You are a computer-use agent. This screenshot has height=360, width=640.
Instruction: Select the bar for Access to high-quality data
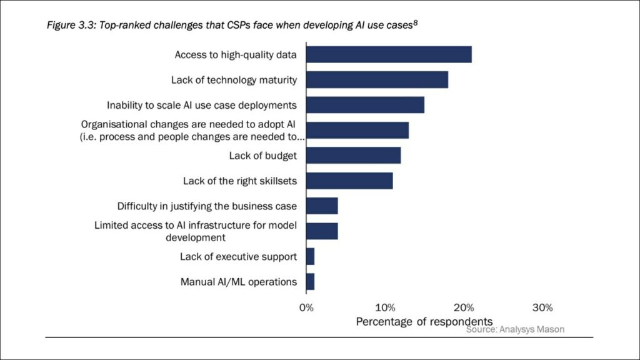(389, 54)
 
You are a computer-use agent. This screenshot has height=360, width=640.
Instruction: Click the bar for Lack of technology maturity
(377, 80)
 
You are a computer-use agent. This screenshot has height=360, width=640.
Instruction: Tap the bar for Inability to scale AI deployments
(365, 105)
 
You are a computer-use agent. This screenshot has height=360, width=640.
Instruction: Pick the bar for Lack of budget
(353, 156)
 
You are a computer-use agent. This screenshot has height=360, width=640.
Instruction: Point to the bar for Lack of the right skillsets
(349, 181)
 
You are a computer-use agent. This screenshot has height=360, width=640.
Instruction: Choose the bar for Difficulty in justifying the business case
(322, 206)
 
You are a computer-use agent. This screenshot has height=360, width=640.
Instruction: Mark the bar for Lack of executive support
(310, 256)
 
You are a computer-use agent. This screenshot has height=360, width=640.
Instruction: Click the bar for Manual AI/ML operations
(310, 281)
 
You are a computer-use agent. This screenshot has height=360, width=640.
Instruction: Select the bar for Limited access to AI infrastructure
(322, 231)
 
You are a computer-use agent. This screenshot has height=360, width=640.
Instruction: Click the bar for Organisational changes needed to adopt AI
(357, 130)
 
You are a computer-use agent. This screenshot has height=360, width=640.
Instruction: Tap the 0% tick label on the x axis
(306, 307)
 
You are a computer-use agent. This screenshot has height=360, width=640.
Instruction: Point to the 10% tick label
(385, 307)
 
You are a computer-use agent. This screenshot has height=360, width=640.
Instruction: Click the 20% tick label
(464, 307)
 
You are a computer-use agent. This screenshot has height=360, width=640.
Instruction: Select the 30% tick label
(542, 307)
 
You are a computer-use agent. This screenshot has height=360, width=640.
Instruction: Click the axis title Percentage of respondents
(424, 321)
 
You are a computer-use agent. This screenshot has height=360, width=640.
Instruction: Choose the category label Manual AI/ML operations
(238, 282)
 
